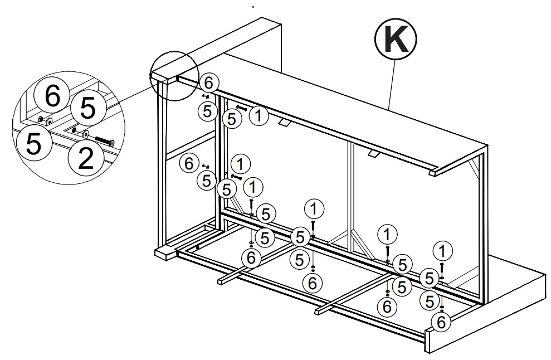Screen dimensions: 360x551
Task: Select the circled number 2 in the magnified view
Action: pos(85,158)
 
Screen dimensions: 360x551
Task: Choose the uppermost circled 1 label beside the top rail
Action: pos(258,115)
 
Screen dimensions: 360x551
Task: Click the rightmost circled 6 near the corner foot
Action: pos(442,322)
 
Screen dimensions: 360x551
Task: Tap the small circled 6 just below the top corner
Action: pos(208,83)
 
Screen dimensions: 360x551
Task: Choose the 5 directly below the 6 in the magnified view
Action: pos(32,143)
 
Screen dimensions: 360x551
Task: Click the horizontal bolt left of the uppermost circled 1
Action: pos(242,108)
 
